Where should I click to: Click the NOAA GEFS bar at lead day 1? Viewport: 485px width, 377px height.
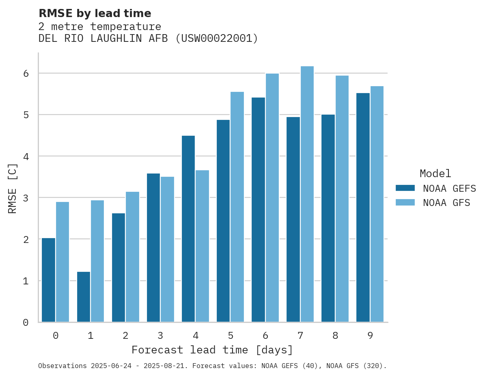pyautogui.click(x=84, y=297)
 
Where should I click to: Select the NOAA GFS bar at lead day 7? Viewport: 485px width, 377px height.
pyautogui.click(x=307, y=194)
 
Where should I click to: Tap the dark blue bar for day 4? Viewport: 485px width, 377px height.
pyautogui.click(x=188, y=229)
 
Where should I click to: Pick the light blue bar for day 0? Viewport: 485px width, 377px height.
pyautogui.click(x=63, y=262)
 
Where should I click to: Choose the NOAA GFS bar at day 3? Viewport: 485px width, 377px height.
pyautogui.click(x=167, y=249)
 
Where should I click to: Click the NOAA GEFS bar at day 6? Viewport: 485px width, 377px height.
pyautogui.click(x=258, y=210)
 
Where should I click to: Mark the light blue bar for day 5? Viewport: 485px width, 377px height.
pyautogui.click(x=237, y=207)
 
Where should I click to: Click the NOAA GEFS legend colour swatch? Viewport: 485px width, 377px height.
pyautogui.click(x=405, y=188)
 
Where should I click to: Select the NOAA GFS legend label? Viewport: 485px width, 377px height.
pyautogui.click(x=446, y=203)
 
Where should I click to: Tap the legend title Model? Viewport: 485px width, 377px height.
pyautogui.click(x=435, y=174)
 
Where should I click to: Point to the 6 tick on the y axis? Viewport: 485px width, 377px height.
pyautogui.click(x=26, y=74)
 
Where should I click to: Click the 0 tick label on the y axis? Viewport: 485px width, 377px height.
pyautogui.click(x=26, y=323)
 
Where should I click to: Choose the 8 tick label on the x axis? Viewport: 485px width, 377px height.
pyautogui.click(x=335, y=336)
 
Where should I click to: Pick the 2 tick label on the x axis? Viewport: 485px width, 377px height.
pyautogui.click(x=125, y=336)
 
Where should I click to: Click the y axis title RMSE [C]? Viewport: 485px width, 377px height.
pyautogui.click(x=13, y=188)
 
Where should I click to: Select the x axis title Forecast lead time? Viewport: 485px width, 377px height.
pyautogui.click(x=212, y=350)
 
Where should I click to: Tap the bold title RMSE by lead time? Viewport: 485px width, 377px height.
pyautogui.click(x=95, y=13)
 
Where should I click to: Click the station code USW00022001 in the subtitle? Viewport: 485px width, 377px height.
pyautogui.click(x=216, y=39)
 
